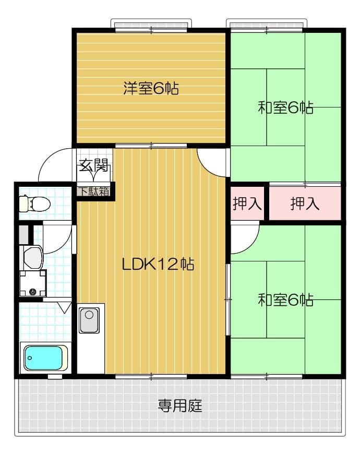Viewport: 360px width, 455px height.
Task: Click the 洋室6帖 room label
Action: [151, 88]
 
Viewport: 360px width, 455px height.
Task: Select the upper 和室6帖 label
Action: [285, 108]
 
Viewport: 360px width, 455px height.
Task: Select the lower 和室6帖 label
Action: [285, 300]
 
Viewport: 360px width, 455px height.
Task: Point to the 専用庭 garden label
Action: [180, 405]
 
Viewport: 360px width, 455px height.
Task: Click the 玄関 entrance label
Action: [94, 166]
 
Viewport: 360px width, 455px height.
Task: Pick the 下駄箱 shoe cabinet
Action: [94, 191]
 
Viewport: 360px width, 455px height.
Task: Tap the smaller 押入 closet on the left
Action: [247, 203]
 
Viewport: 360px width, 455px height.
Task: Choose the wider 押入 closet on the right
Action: [305, 203]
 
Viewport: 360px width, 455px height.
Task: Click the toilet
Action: [35, 202]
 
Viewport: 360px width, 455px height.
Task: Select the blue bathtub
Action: [45, 358]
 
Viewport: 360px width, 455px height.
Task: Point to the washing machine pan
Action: [33, 285]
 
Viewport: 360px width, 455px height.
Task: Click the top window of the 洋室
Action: [151, 26]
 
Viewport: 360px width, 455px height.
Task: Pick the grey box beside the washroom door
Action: [23, 235]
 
